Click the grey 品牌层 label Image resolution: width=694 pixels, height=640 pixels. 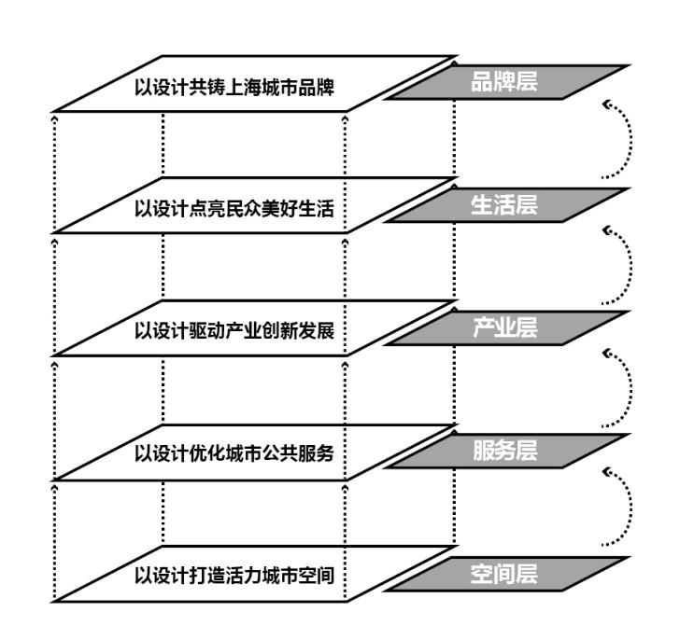504,82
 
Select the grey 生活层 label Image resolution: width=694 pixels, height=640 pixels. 504,205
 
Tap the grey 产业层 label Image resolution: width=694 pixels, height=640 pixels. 505,327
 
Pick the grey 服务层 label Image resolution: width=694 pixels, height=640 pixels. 505,451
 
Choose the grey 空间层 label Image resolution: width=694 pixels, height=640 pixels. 504,574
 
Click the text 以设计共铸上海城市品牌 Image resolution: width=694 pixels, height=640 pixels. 234,87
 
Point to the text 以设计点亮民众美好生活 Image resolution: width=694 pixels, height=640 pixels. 234,209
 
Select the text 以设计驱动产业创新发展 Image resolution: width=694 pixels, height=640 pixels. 234,331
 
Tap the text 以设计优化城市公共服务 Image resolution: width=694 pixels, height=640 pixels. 234,453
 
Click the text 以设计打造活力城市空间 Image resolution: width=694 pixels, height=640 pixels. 234,576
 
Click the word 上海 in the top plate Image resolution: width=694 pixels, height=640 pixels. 244,87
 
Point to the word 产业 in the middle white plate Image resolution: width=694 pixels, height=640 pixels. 244,331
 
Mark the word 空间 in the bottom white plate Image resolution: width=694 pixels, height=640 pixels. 316,576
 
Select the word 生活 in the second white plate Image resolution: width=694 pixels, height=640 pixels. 316,209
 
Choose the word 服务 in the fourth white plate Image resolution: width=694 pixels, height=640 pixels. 316,453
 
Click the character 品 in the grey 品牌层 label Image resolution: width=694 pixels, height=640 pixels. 482,82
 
